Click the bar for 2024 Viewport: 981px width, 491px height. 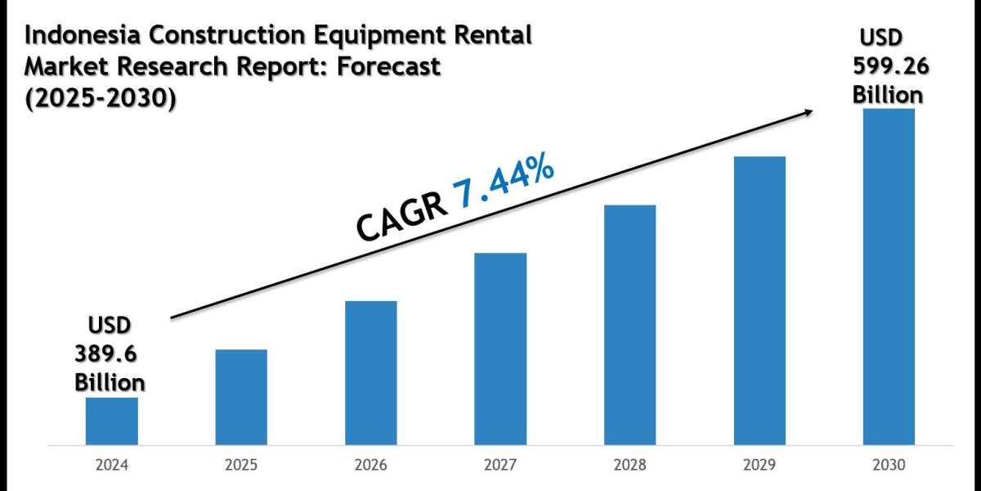click(111, 422)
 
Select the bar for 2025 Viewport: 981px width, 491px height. click(241, 399)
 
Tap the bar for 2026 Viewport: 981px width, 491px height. click(370, 374)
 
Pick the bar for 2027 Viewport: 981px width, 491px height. click(500, 350)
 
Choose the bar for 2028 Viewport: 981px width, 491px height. click(629, 326)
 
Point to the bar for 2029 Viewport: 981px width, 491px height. click(759, 302)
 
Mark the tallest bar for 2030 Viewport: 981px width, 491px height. click(889, 277)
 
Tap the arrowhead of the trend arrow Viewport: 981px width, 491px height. click(809, 113)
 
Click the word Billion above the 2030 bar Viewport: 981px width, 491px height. click(888, 94)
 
